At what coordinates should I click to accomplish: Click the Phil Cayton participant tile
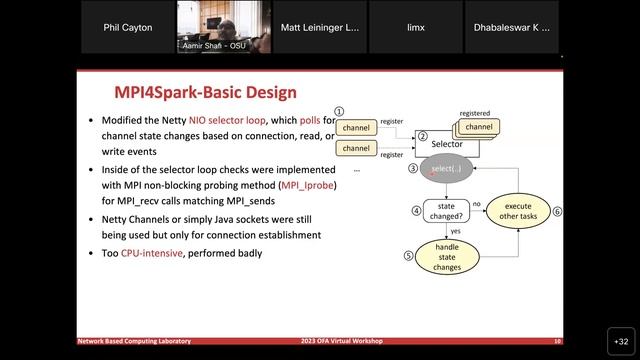pos(129,28)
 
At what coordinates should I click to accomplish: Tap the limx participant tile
pos(414,28)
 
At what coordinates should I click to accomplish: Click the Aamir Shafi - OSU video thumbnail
pos(225,27)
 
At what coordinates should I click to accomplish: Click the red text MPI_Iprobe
pos(309,185)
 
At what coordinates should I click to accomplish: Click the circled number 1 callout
pos(339,112)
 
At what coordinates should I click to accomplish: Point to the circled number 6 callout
pos(558,211)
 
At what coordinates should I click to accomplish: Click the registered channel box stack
pos(477,128)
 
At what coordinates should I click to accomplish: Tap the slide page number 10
pos(557,341)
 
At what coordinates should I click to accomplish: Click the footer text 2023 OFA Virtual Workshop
pos(340,341)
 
